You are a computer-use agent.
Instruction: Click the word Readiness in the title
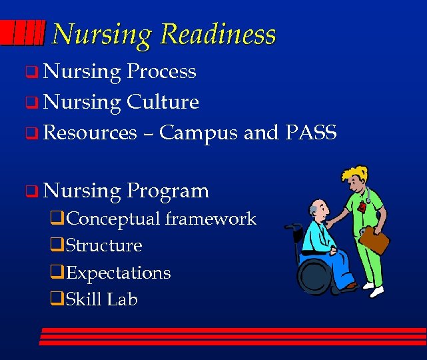click(218, 34)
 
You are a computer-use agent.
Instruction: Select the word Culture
click(163, 102)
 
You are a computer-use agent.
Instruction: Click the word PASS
click(310, 133)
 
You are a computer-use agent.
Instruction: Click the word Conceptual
click(114, 219)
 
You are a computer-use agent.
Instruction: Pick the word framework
click(211, 219)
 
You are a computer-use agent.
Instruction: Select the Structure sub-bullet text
click(104, 245)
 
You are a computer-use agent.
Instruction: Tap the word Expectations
click(119, 273)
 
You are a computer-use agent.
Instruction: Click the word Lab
click(122, 299)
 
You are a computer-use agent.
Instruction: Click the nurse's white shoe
click(377, 291)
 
